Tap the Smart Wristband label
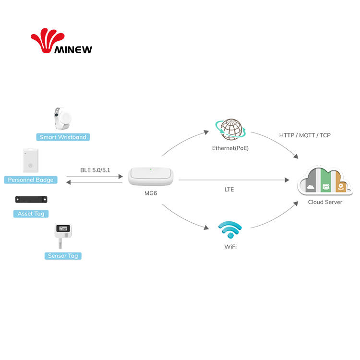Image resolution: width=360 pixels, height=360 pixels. tap(63, 137)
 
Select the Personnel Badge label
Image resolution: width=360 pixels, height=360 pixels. tap(31, 180)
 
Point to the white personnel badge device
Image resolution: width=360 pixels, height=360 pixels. tap(30, 160)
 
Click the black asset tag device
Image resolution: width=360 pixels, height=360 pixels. tap(31, 199)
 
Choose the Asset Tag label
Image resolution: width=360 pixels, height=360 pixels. tap(31, 214)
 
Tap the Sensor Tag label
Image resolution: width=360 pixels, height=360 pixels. tap(63, 256)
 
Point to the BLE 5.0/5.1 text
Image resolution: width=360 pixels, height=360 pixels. tap(95, 170)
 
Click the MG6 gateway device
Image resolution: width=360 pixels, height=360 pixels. tap(151, 176)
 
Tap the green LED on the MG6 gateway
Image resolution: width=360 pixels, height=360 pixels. tap(151, 169)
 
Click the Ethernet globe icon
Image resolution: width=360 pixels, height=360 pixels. tap(230, 130)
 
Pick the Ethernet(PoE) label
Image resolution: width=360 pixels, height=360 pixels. tap(230, 148)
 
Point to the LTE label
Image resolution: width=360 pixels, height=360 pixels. tap(229, 190)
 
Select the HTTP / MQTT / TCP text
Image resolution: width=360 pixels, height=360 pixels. tap(305, 135)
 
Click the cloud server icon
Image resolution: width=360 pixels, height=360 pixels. tap(325, 180)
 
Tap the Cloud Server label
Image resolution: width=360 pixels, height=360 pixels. tap(325, 202)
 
